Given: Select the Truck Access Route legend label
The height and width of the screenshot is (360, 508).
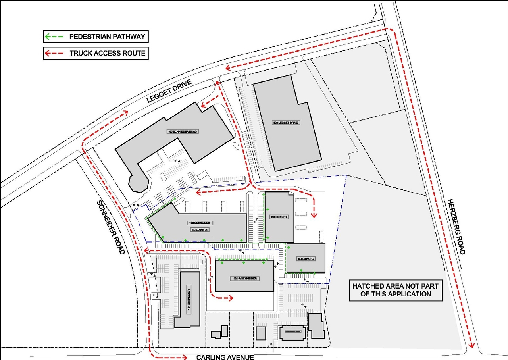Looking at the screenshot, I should click(x=108, y=53).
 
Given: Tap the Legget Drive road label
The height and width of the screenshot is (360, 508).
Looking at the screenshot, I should click(x=169, y=91).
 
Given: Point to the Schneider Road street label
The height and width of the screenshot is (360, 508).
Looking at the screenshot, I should click(x=111, y=227).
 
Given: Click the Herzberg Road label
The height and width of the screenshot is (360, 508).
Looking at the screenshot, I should click(x=455, y=226).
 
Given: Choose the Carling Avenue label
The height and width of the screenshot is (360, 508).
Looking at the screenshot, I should click(x=225, y=357).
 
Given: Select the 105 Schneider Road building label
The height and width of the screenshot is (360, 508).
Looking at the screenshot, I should click(x=182, y=131).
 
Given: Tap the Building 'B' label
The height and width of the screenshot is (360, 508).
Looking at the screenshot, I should click(x=279, y=217).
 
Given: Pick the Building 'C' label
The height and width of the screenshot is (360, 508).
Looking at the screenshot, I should click(x=306, y=259).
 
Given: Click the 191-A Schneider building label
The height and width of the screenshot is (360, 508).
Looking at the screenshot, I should click(x=244, y=279).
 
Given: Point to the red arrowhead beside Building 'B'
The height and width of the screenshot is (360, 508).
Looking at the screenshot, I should click(x=314, y=215).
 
